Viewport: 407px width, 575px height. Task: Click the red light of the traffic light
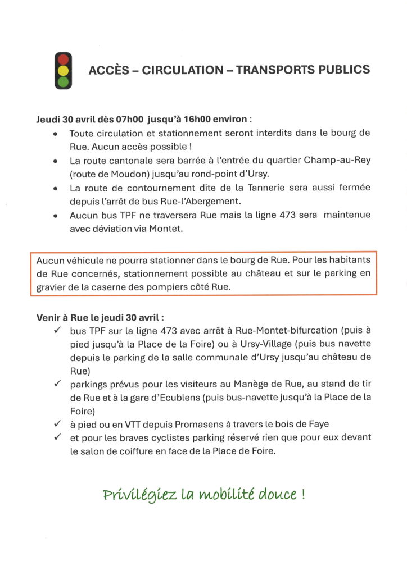pos(63,58)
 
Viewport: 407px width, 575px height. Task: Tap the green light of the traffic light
pos(63,82)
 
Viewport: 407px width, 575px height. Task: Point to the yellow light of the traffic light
pos(63,70)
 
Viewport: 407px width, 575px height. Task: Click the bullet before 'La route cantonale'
pos(55,161)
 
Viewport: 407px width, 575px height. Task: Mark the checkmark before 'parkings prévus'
pos(57,384)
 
